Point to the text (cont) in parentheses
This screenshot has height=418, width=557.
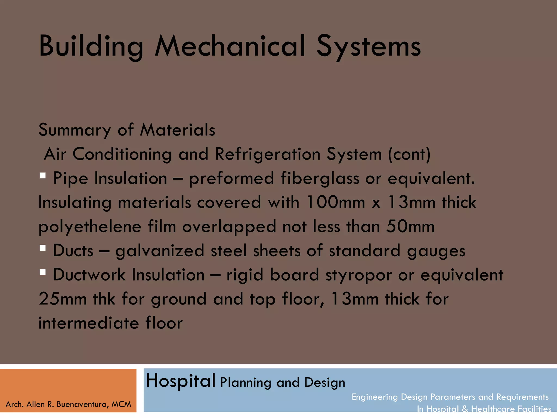(x=409, y=155)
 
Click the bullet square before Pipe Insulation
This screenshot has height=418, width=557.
(x=42, y=176)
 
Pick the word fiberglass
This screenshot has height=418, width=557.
(x=320, y=179)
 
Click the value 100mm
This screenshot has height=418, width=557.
(x=335, y=202)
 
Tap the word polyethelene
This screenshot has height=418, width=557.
(x=90, y=227)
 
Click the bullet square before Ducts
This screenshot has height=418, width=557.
(x=42, y=248)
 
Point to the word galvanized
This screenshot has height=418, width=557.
(x=160, y=251)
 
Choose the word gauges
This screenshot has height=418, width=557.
(x=436, y=251)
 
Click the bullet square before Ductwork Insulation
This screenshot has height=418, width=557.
(x=42, y=272)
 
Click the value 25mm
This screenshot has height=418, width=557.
(x=63, y=299)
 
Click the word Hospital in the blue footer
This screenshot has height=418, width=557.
(x=181, y=381)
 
